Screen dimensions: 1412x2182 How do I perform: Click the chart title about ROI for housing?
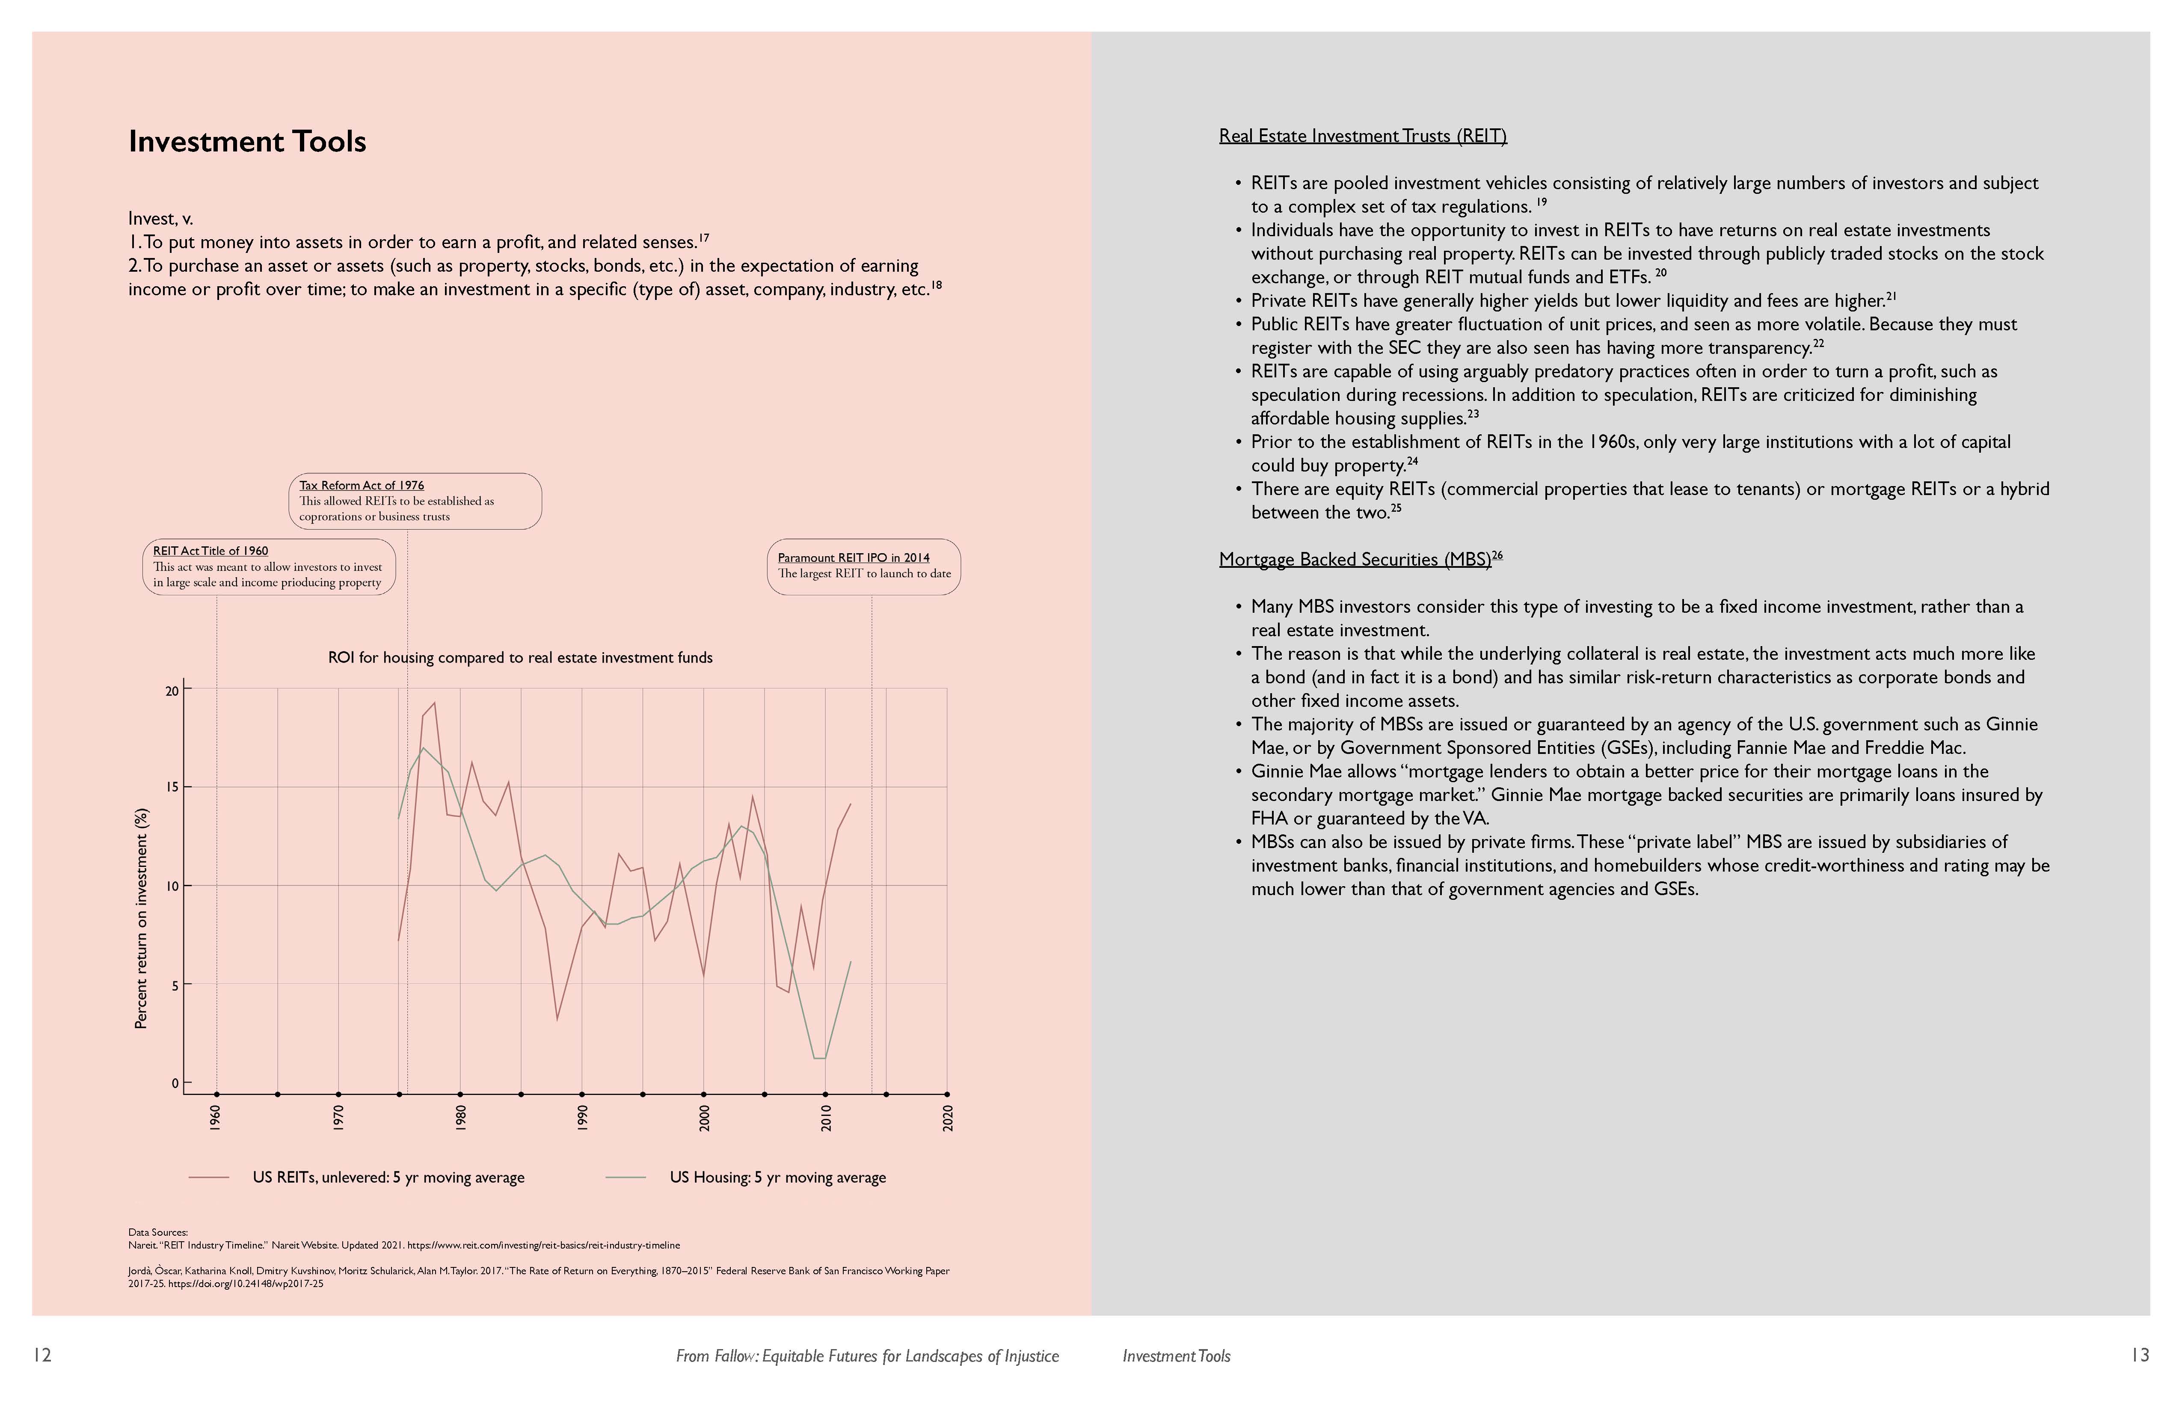(x=520, y=657)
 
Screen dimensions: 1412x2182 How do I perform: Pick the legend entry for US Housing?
(x=777, y=1177)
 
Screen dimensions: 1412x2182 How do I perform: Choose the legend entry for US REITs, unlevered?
(x=388, y=1177)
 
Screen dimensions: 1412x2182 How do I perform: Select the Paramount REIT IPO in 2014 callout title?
(x=854, y=558)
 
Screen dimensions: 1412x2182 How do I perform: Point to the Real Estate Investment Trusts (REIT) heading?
(x=1362, y=136)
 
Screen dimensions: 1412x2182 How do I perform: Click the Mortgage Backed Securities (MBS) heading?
(x=1354, y=559)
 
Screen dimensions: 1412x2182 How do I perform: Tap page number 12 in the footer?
(x=42, y=1355)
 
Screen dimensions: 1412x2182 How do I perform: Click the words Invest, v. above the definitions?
(x=160, y=218)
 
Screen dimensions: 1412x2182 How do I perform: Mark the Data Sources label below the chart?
(x=158, y=1232)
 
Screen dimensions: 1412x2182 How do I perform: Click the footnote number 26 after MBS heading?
(x=1497, y=555)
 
